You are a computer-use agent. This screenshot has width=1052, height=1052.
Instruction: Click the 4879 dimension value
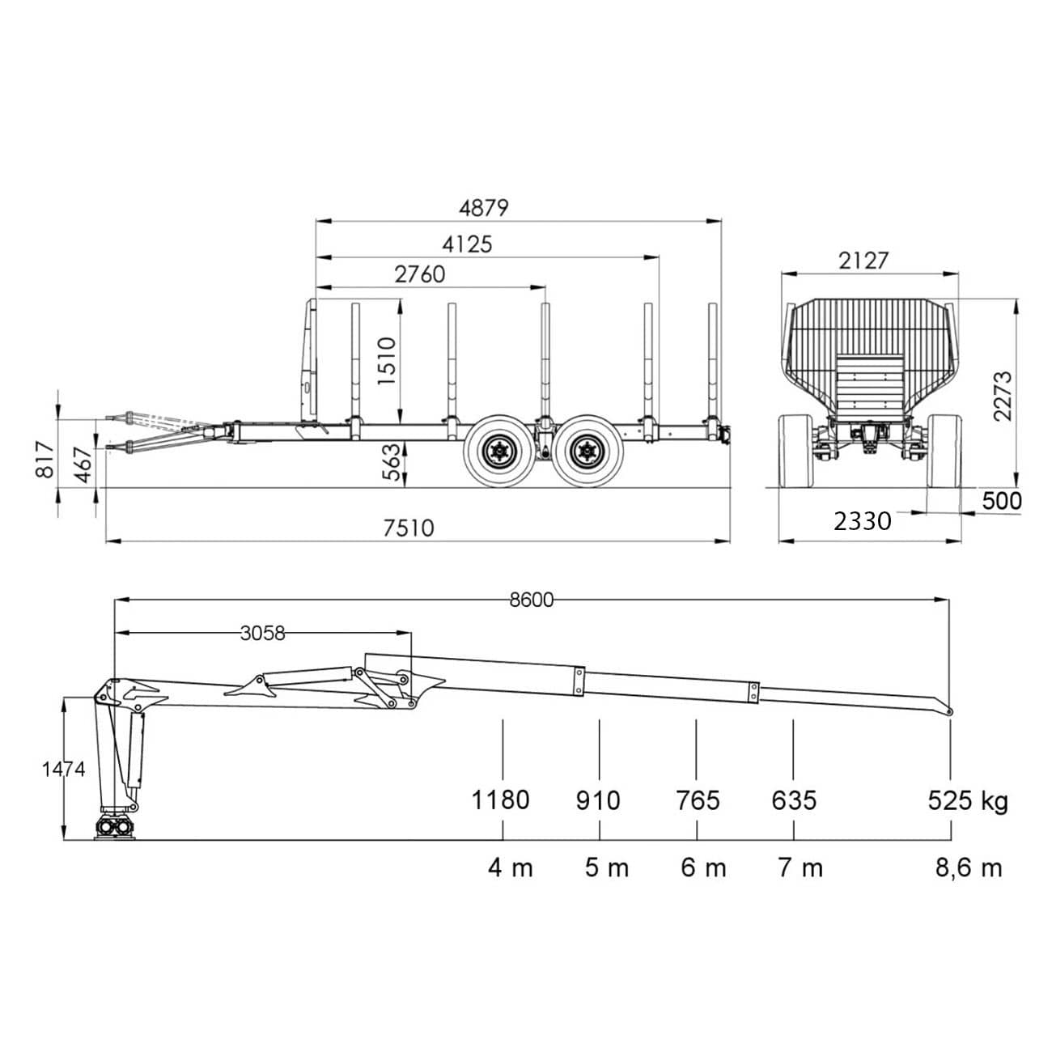pyautogui.click(x=484, y=208)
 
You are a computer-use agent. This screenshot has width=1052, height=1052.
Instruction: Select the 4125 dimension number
pyautogui.click(x=467, y=244)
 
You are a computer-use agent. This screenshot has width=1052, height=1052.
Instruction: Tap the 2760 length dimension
pyautogui.click(x=420, y=274)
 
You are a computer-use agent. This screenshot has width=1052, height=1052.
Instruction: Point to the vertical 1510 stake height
pyautogui.click(x=387, y=362)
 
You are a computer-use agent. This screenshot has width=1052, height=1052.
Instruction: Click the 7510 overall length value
pyautogui.click(x=409, y=528)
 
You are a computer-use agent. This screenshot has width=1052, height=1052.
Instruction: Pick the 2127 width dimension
pyautogui.click(x=863, y=261)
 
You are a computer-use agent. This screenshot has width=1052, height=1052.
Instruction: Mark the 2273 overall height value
pyautogui.click(x=1003, y=396)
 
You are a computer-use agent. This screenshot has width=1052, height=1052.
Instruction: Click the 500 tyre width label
pyautogui.click(x=1002, y=501)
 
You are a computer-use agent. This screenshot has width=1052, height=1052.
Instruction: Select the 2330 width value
pyautogui.click(x=863, y=522)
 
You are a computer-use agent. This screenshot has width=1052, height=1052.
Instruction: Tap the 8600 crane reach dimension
pyautogui.click(x=531, y=600)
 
